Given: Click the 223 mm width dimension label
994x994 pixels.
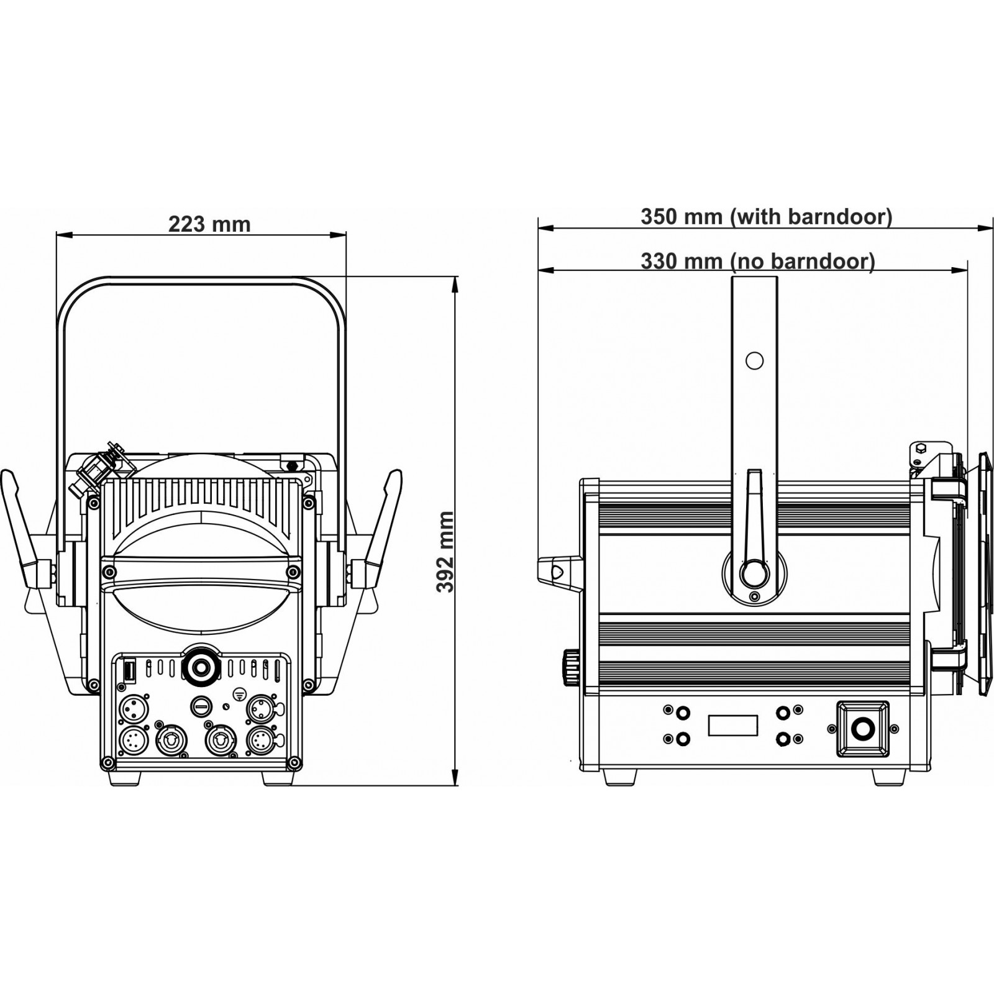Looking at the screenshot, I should click(x=209, y=224).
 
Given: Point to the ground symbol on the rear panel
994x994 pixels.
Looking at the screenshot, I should click(x=238, y=693).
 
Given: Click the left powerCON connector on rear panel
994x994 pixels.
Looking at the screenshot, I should click(x=169, y=740).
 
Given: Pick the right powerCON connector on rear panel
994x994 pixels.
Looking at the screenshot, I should click(x=219, y=740).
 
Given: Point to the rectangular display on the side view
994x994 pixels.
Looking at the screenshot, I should click(x=733, y=724).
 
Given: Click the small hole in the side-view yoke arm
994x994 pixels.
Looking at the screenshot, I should click(x=754, y=360).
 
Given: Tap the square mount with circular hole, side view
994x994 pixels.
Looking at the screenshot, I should click(x=862, y=729).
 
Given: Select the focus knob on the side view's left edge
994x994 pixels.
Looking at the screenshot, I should click(x=570, y=668).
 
